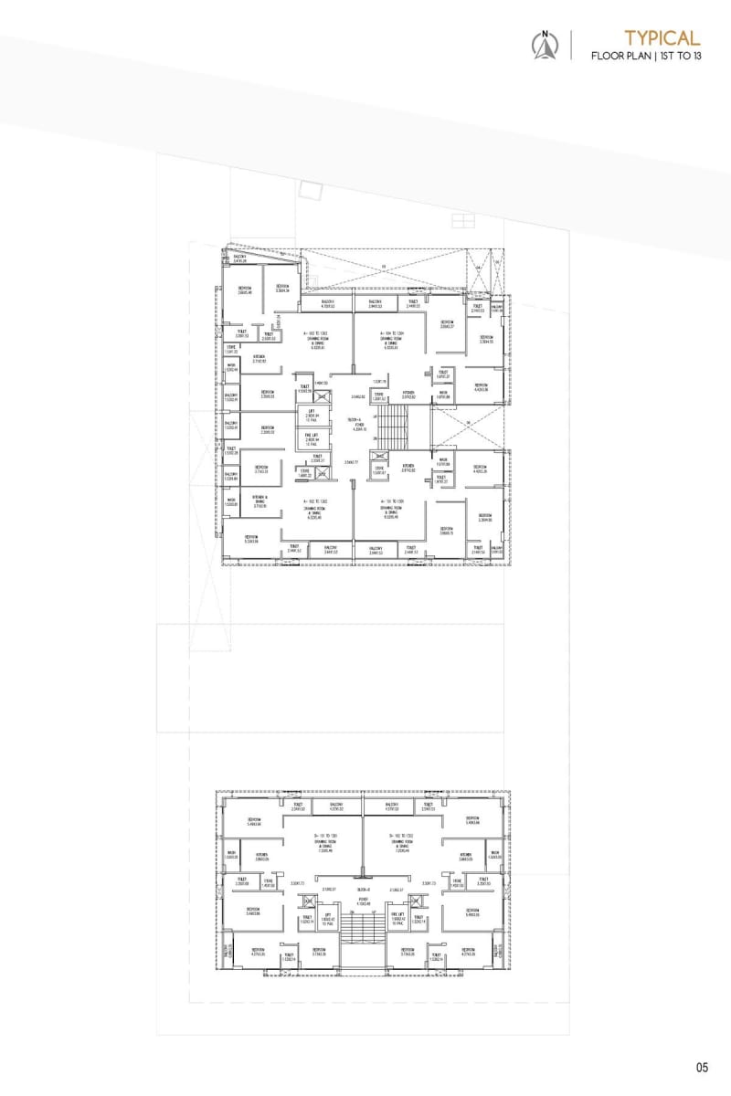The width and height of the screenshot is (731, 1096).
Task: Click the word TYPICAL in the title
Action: click(x=662, y=37)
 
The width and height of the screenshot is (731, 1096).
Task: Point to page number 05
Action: click(x=702, y=1067)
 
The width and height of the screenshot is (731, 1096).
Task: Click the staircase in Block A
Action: click(x=395, y=427)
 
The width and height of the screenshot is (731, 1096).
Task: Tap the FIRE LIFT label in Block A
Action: click(x=312, y=437)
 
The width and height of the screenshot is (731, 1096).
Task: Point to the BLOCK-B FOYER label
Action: click(x=363, y=901)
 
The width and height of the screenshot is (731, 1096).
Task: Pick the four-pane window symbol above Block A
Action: click(x=463, y=220)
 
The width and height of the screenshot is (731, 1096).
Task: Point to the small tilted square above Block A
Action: click(x=312, y=190)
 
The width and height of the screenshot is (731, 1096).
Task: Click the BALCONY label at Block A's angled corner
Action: click(x=240, y=260)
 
